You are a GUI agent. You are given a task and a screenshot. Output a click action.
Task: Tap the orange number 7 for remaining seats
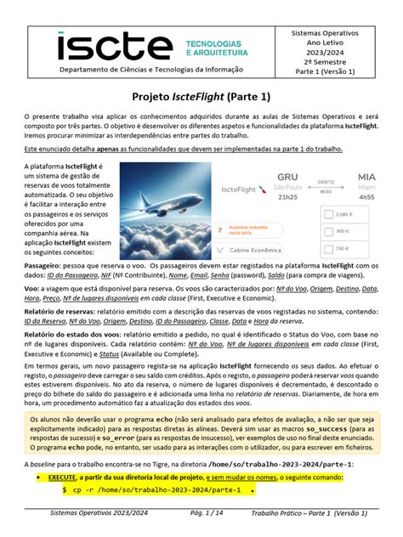coord(220,229)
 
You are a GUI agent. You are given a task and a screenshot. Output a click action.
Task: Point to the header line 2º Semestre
coord(336,62)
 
